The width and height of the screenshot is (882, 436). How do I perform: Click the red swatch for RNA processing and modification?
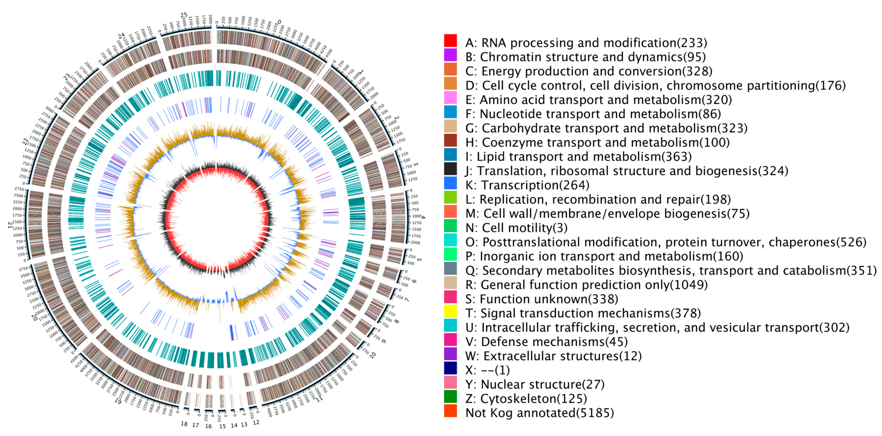click(450, 40)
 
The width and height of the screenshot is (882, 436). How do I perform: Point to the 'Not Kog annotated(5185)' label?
click(540, 413)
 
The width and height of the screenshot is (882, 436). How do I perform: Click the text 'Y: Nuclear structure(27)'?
click(535, 384)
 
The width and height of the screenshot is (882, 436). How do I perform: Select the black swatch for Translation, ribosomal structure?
click(450, 169)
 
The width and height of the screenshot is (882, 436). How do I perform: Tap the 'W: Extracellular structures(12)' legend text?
click(553, 356)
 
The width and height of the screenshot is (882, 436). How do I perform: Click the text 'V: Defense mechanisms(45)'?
click(547, 341)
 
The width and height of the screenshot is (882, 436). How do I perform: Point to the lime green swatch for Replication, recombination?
click(450, 197)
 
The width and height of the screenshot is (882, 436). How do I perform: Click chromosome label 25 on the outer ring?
click(184, 15)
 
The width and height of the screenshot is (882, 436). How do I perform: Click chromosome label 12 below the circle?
click(256, 423)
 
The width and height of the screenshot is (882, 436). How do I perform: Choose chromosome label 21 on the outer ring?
click(10, 224)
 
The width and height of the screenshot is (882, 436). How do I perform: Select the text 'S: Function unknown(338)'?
click(542, 299)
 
